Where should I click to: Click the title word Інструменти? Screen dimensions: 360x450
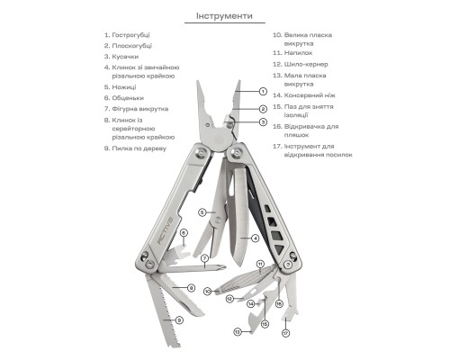pos(224,16)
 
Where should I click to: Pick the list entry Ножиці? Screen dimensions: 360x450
pos(125,87)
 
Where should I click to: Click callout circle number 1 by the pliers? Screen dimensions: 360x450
pos(263,92)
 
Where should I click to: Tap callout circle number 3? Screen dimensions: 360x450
pos(263,121)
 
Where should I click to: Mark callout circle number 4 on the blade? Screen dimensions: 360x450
pos(256,238)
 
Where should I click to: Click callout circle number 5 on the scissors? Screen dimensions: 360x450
pos(202,213)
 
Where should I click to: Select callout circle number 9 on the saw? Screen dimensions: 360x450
pos(179,319)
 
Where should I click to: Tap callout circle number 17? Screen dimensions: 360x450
pos(285,332)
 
